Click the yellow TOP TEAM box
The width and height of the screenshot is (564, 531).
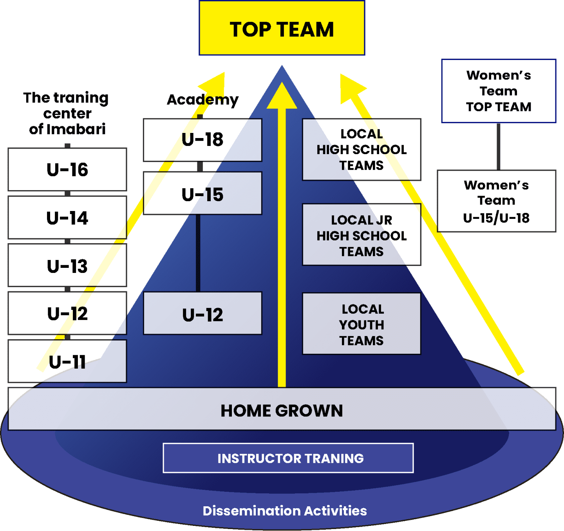[x=282, y=28]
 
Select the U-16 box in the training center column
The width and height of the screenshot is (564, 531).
[x=67, y=169]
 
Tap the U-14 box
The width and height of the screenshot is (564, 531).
[x=67, y=218]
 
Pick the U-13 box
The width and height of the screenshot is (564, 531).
[x=67, y=266]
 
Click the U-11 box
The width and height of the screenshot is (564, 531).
[x=67, y=361]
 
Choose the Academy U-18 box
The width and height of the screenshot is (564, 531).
[x=202, y=140]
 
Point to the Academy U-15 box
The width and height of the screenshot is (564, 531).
[x=202, y=193]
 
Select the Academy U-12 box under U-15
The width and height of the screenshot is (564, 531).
[x=202, y=314]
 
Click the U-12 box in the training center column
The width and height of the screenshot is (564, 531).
[x=67, y=313]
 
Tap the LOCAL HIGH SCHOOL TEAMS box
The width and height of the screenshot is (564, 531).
[x=362, y=149]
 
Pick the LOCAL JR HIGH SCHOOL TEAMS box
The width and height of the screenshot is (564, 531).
[x=362, y=235]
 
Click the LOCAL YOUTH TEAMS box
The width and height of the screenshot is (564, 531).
[x=362, y=324]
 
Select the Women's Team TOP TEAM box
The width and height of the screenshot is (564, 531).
[x=499, y=91]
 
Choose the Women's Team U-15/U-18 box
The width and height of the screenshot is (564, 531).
[x=496, y=201]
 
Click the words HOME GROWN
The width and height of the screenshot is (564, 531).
[x=282, y=411]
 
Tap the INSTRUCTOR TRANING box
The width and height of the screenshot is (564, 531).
[x=288, y=458]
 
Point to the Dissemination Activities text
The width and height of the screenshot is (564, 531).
[x=285, y=511]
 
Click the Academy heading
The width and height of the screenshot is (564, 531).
[x=202, y=100]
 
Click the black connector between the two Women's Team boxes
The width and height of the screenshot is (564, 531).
[x=499, y=146]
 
